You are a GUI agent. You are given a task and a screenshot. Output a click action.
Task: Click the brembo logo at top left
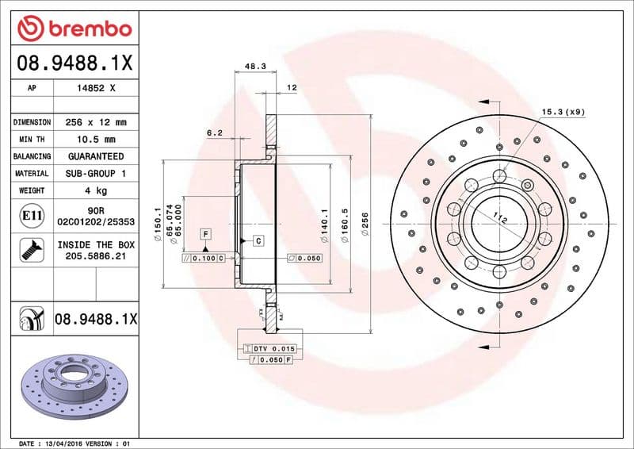tap(73, 29)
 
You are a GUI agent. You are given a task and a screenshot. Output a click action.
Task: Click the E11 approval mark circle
tap(32, 215)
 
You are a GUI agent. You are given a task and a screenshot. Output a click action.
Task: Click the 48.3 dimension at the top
tap(254, 67)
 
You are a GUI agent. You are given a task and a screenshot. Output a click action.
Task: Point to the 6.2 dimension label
tap(214, 133)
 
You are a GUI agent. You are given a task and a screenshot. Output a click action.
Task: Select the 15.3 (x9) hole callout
tap(563, 112)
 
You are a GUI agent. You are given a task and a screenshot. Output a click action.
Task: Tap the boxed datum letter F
tap(205, 233)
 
